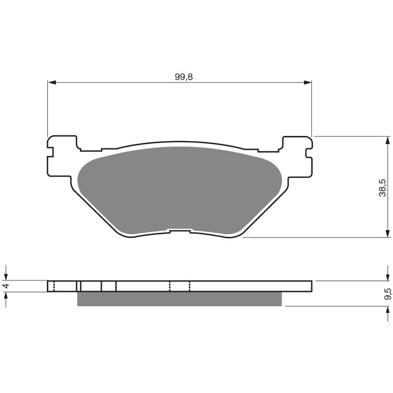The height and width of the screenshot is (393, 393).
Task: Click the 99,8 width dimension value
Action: (x=184, y=77)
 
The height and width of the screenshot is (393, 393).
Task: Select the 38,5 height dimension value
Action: (x=383, y=188)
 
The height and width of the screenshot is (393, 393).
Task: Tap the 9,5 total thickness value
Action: (x=388, y=294)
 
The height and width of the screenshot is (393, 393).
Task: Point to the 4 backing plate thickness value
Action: (x=6, y=285)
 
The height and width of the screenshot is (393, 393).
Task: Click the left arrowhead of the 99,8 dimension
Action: (x=52, y=82)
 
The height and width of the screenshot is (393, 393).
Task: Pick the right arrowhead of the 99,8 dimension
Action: (x=308, y=82)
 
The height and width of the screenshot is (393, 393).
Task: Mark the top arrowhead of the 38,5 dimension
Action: (x=387, y=141)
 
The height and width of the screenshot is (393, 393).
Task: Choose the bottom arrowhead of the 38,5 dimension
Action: (x=387, y=233)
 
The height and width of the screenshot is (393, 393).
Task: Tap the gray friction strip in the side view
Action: (x=180, y=299)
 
